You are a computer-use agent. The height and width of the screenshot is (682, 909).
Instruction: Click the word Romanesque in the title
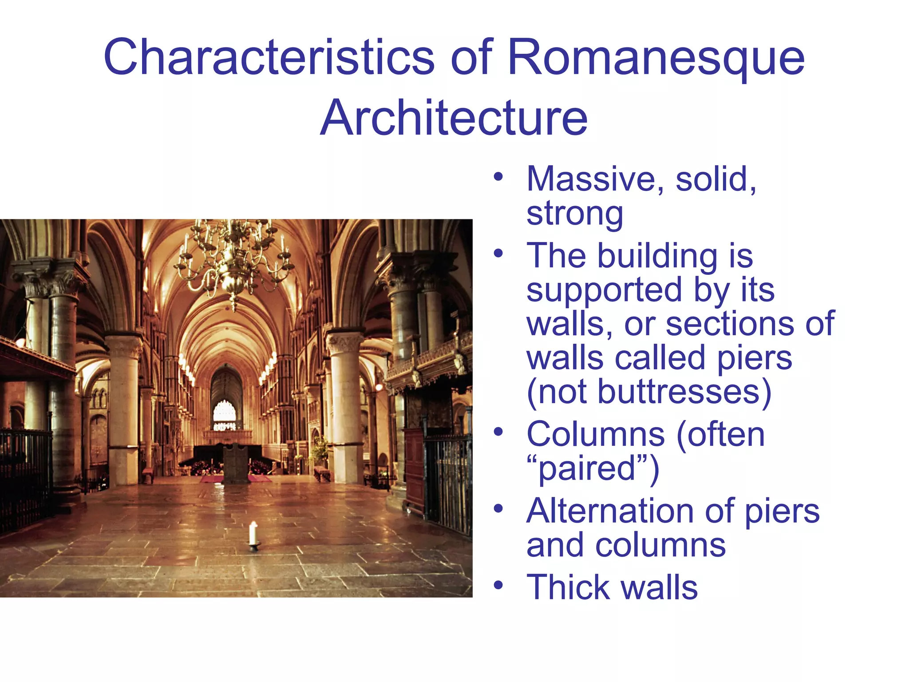pyautogui.click(x=656, y=58)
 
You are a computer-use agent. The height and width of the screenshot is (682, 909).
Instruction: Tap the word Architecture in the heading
pyautogui.click(x=454, y=118)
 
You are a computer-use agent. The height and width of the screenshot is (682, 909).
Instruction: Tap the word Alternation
pyautogui.click(x=613, y=511)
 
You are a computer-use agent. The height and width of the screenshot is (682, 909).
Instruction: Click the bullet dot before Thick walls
pyautogui.click(x=498, y=585)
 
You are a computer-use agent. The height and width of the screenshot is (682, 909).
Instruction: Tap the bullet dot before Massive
pyautogui.click(x=498, y=177)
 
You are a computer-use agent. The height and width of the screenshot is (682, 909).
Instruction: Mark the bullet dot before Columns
pyautogui.click(x=498, y=432)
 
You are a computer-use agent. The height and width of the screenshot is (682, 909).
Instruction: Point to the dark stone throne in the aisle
pyautogui.click(x=235, y=464)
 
